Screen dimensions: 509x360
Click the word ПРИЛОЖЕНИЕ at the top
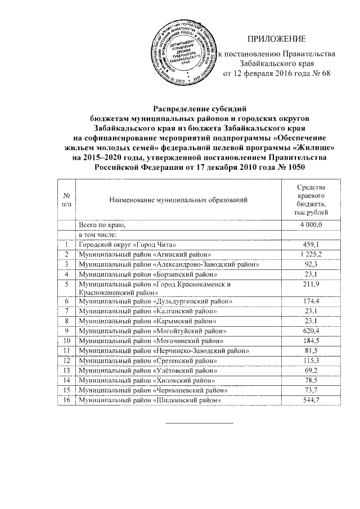277,39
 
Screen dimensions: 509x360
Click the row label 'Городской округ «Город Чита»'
128,245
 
